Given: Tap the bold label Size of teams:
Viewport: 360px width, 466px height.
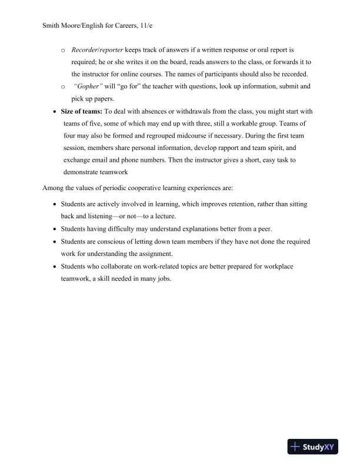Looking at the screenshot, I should click(x=81, y=111).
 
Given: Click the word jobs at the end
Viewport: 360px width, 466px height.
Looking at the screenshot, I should click(x=163, y=279).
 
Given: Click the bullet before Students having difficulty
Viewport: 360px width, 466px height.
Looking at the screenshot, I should click(x=55, y=229).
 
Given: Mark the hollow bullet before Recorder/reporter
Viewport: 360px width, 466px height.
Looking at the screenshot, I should click(x=63, y=51).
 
